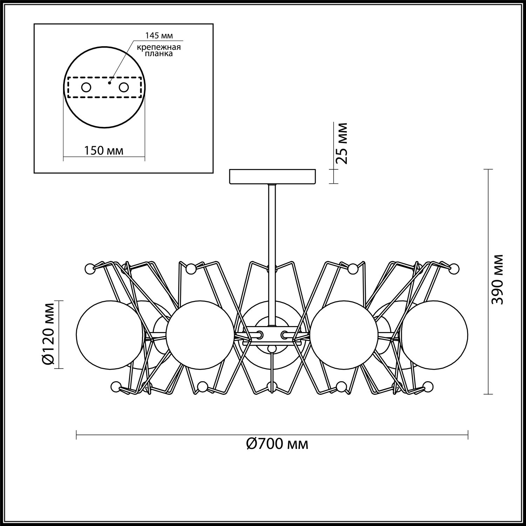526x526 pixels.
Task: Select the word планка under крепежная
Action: coord(160,54)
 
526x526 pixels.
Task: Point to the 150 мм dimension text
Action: coord(103,150)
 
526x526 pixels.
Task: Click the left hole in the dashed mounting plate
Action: coord(86,87)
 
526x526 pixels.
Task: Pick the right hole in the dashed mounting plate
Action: coord(124,87)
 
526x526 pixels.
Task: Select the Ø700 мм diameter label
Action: coord(277,444)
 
